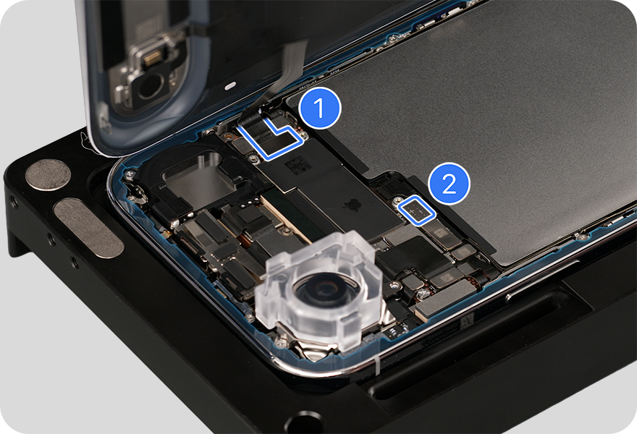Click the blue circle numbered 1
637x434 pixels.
(x=320, y=108)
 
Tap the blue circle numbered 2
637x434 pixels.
(x=449, y=184)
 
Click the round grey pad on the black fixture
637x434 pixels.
(x=48, y=175)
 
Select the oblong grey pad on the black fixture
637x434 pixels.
(x=88, y=227)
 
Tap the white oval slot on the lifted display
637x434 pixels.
(x=230, y=85)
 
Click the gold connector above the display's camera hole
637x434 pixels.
(x=152, y=59)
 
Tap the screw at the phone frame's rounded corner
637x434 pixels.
(x=130, y=174)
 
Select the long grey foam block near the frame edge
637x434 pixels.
(x=445, y=299)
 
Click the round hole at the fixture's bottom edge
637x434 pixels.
(x=304, y=424)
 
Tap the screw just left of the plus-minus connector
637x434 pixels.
(x=398, y=200)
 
